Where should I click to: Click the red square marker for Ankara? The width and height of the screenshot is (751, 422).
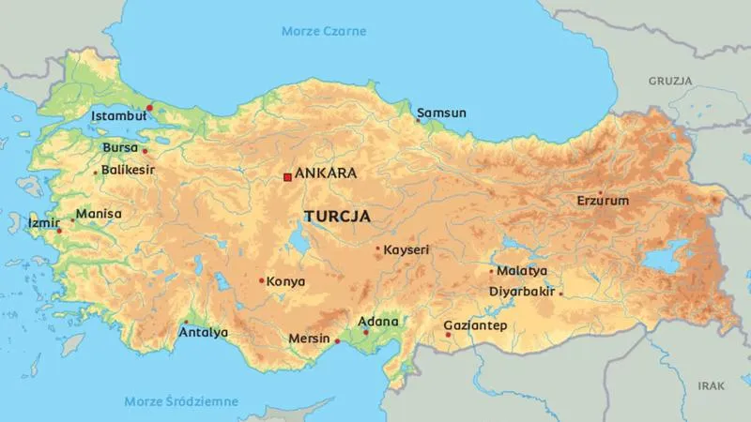(x=287, y=175)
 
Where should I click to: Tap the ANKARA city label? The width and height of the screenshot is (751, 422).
(x=326, y=174)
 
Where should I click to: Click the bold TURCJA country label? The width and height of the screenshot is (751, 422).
(x=336, y=216)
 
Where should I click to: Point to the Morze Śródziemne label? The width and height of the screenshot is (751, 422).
(x=181, y=402)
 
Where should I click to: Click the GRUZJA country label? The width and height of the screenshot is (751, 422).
(x=668, y=82)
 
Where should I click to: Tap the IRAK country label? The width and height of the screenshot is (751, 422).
(x=712, y=385)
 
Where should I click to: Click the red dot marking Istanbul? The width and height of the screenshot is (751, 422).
(x=149, y=108)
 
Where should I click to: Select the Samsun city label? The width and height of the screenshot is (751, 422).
(x=442, y=113)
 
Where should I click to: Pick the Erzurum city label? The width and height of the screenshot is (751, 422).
(x=603, y=201)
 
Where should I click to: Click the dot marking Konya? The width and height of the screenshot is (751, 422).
(x=261, y=280)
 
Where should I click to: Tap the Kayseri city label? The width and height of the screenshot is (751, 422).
(x=406, y=250)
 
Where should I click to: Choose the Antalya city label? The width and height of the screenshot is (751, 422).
(x=204, y=332)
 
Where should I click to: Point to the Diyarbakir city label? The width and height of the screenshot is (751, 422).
(x=522, y=291)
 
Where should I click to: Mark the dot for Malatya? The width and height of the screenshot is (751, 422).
(x=491, y=271)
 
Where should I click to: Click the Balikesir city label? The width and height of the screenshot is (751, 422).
(x=128, y=171)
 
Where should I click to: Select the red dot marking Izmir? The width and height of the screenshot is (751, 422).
(x=59, y=231)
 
